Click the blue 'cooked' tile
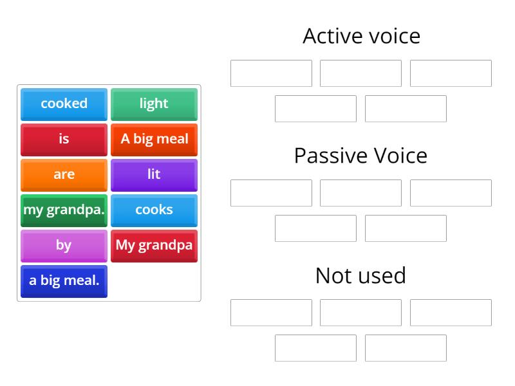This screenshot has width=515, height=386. click(64, 104)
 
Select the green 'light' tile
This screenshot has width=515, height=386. click(154, 104)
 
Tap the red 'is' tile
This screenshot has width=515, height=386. click(64, 139)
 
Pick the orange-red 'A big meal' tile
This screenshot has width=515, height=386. click(154, 139)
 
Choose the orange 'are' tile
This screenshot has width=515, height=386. click(64, 174)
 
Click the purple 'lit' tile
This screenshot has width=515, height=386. click(154, 174)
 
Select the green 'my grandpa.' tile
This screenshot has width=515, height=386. click(64, 210)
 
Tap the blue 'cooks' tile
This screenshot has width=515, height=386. click(154, 210)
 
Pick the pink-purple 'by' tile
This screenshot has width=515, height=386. click(64, 245)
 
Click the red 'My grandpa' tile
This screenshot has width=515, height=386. click(154, 245)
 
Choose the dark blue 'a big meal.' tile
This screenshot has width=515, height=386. click(64, 280)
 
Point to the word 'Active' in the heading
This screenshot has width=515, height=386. click(330, 36)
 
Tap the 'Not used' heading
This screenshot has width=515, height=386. click(360, 275)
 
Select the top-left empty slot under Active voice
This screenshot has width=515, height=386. click(271, 73)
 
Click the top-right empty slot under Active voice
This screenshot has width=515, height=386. click(451, 73)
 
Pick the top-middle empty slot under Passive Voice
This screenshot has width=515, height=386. click(360, 193)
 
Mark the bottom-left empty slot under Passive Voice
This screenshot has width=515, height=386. click(315, 228)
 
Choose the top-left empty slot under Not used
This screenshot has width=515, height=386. click(271, 313)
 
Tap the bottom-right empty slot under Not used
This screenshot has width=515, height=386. click(406, 348)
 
